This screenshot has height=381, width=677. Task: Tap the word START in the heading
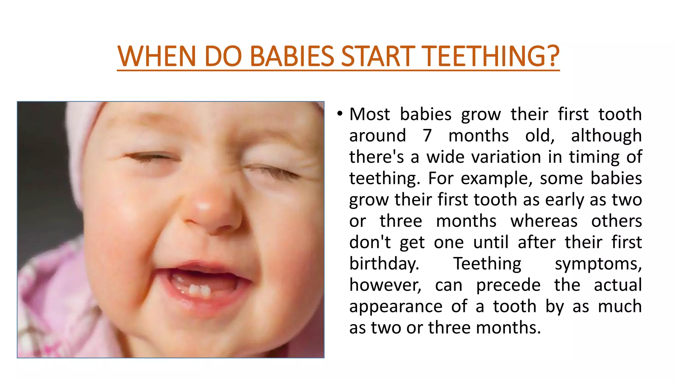378,56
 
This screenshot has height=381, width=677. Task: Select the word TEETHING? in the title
491,56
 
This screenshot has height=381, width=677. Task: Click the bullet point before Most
339,114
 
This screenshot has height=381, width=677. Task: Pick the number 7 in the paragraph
427,136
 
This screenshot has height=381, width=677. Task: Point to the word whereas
544,221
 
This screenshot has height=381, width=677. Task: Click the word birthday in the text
384,264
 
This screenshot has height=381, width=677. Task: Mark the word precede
508,285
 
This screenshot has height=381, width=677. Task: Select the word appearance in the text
396,307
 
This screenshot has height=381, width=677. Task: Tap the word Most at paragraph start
370,114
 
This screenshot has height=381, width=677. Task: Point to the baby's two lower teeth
200,290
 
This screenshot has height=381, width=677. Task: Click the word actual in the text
617,285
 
